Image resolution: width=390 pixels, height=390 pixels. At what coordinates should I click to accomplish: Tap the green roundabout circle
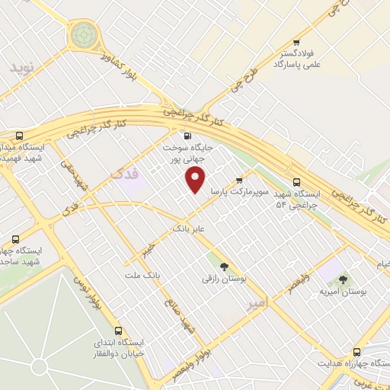83,34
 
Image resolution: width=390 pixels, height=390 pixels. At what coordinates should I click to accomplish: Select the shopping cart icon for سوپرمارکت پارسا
239,181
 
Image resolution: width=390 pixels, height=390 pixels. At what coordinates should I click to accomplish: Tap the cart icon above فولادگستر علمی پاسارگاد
296,42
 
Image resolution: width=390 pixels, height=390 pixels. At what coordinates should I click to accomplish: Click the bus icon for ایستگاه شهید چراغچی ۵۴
297,181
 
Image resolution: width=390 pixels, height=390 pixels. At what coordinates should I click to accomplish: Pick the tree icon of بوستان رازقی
224,267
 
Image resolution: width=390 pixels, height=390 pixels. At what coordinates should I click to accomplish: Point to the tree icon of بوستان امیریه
342,280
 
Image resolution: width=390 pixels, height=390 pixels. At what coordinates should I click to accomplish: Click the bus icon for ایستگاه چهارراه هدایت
356,352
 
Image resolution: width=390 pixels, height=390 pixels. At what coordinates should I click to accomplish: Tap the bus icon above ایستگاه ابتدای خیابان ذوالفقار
117,331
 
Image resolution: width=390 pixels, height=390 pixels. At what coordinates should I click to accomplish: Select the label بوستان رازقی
224,280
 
